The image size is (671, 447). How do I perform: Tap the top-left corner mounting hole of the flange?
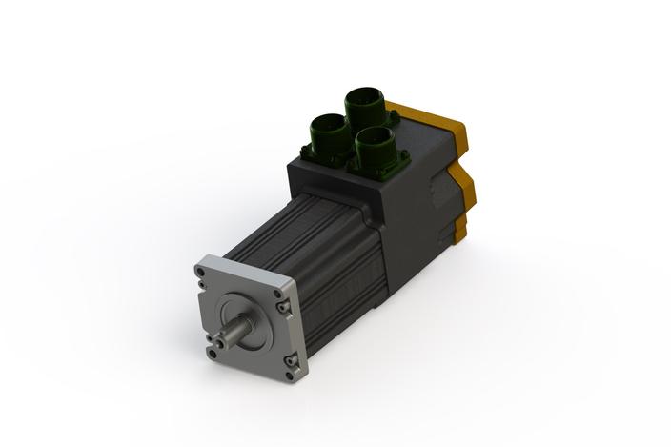(201, 271)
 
